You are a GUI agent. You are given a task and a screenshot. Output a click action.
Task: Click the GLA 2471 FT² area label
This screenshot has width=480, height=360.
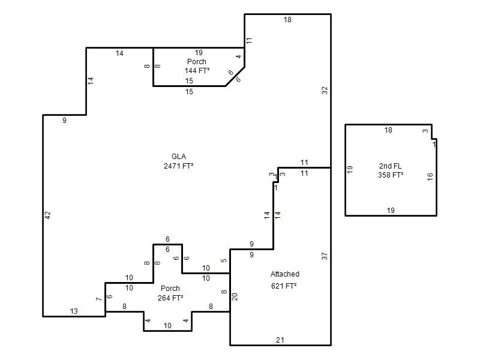pos(178,161)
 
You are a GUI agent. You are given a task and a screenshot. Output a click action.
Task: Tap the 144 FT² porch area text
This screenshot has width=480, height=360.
pos(197,70)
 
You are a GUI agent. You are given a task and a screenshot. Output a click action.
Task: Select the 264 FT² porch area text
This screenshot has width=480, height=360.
pos(170,298)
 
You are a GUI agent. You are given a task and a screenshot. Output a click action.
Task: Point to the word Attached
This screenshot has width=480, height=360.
pos(284,274)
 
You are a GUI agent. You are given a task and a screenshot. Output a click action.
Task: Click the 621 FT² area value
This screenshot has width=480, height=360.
pos(284,286)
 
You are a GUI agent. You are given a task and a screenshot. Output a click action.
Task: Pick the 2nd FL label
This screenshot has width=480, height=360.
pos(391,166)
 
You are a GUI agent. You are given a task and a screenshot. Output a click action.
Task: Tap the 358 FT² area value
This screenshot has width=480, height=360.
pos(391,175)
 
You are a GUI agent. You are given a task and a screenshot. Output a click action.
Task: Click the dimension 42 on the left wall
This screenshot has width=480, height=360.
pos(47,215)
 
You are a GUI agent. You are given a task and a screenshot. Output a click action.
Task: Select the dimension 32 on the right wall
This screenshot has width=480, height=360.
pos(325,91)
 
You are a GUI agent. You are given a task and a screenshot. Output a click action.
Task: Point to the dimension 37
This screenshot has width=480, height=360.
pos(325,256)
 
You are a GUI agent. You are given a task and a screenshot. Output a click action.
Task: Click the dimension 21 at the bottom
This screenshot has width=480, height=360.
pos(280,340)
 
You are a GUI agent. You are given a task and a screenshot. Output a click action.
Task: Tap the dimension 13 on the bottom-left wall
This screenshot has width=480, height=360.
pos(74,311)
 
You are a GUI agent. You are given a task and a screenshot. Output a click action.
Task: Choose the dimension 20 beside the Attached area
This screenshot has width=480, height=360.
pos(235,296)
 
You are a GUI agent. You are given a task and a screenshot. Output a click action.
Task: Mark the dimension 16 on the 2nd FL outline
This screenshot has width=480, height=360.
pos(430,176)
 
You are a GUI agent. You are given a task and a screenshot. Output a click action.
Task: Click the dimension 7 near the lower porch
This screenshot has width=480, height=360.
pos(98,299)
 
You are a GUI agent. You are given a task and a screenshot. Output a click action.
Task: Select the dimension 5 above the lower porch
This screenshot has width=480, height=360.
pos(224,260)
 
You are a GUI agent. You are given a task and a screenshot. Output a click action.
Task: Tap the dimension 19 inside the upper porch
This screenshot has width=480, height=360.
pos(199,53)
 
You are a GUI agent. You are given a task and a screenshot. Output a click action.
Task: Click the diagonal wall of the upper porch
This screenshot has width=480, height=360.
pos(235,77)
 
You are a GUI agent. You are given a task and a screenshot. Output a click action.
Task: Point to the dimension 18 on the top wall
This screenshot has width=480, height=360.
pos(287,20)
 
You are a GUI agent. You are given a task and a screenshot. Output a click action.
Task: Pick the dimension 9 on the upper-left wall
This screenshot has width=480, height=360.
pos(64,121)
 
